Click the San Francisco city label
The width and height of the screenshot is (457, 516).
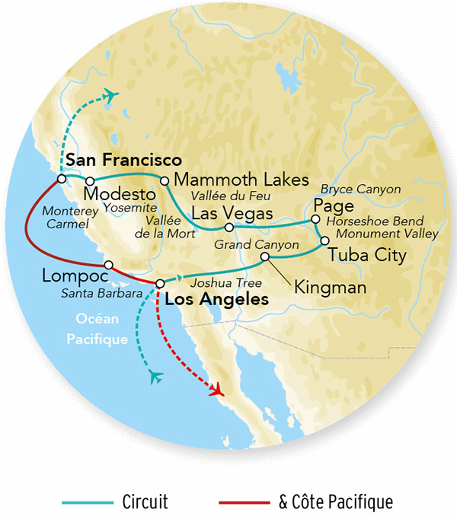[x=123, y=161]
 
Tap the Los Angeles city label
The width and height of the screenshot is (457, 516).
[x=216, y=300]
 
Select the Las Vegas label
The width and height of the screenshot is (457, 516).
[x=231, y=213]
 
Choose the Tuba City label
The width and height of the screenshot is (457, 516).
[x=367, y=255]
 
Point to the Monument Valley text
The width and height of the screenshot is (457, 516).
[x=387, y=234]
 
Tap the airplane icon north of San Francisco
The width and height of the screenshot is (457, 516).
[x=113, y=95]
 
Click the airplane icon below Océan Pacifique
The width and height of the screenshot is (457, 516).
[x=157, y=375]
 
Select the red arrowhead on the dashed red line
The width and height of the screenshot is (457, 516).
[x=218, y=390]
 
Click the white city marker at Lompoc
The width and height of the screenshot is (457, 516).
[x=109, y=265]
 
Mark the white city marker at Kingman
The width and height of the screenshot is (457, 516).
[x=265, y=257]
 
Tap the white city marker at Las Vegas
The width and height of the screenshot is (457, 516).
[x=228, y=227]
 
